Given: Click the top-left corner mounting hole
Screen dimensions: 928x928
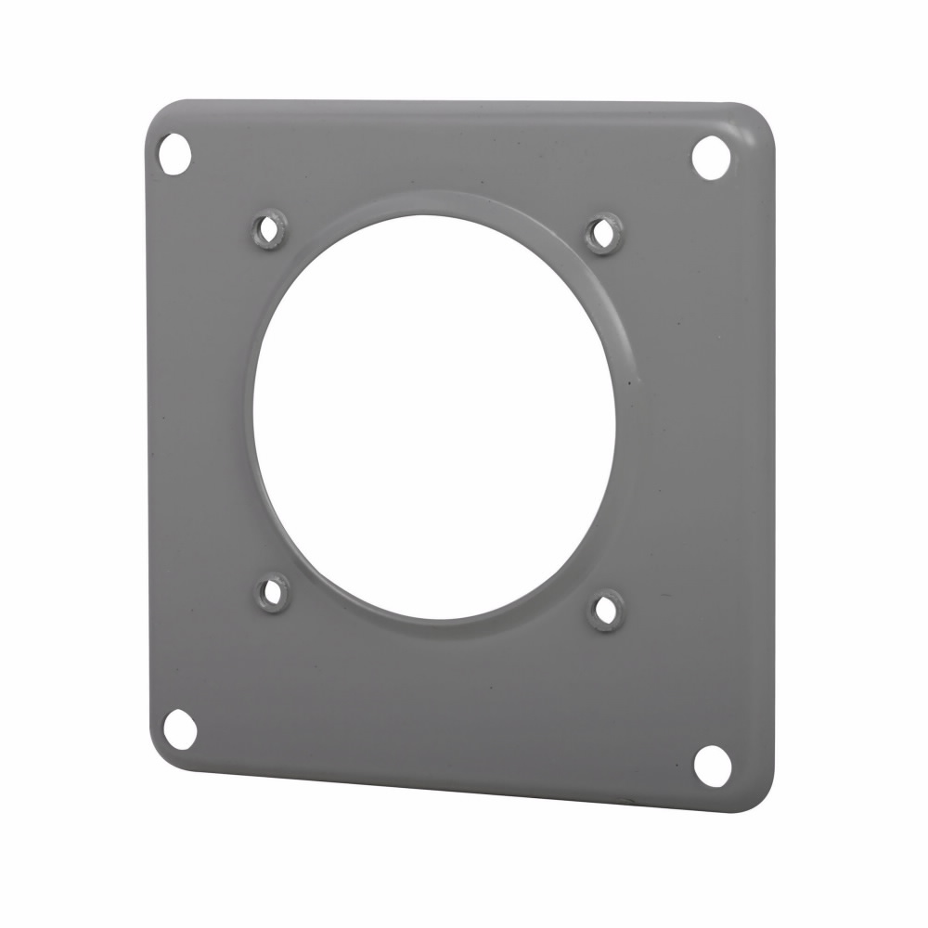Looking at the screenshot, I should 174,153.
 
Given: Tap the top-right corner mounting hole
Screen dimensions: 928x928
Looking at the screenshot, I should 712,157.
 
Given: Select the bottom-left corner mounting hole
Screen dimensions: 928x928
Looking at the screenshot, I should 179,727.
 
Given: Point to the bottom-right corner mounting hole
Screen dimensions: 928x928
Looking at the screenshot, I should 713,763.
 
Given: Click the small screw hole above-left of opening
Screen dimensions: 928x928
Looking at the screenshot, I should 269,229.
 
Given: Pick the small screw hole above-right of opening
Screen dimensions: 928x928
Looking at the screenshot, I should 604,233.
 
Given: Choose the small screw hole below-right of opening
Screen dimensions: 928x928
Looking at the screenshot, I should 607,611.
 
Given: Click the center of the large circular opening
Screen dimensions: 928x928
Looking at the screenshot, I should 433,417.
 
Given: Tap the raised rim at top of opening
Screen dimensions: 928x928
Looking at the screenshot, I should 436,203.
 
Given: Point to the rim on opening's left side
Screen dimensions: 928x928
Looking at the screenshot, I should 249,418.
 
